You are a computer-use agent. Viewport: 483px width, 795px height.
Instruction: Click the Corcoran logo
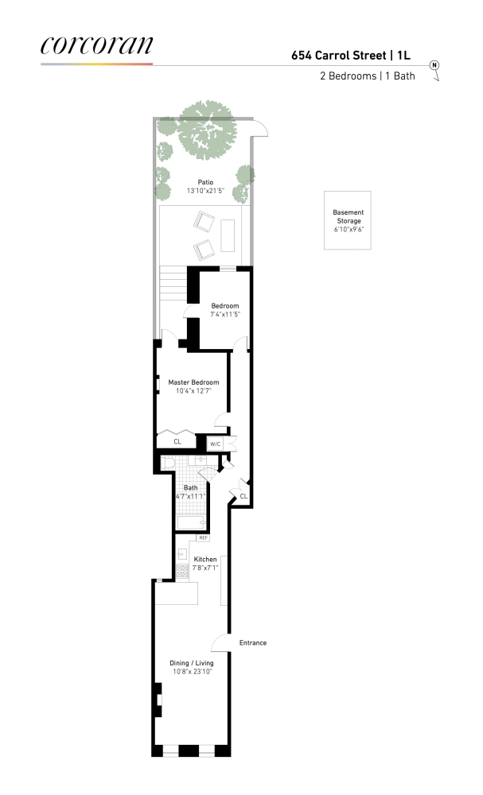point(96,45)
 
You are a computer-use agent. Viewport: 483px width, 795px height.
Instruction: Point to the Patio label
point(205,182)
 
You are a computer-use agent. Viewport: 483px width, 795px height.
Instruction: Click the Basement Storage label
point(347,216)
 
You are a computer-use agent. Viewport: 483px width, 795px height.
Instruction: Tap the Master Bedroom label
point(193,382)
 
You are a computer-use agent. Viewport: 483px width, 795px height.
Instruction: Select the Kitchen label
point(204,560)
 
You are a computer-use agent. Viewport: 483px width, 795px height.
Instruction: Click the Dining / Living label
point(191,662)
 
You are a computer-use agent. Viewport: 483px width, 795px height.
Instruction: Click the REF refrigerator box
point(203,538)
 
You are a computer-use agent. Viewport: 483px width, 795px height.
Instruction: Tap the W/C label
point(216,444)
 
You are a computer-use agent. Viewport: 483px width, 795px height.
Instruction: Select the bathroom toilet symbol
point(168,463)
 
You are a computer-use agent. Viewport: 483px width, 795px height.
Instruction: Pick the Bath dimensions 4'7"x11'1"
point(191,497)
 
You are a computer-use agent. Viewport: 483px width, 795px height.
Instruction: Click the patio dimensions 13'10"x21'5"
point(205,192)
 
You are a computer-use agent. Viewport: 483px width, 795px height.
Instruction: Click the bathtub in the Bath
point(191,522)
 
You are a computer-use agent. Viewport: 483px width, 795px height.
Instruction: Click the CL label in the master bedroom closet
point(177,441)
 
